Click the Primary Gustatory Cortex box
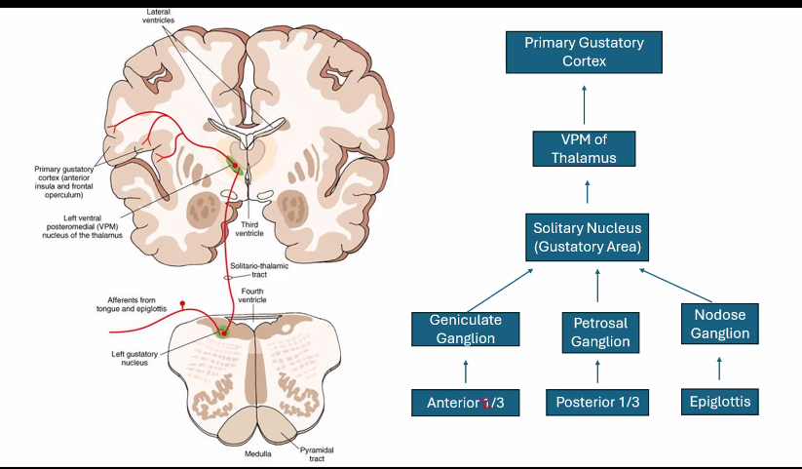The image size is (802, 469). [x=585, y=52]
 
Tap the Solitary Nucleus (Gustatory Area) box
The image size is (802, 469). [x=587, y=237]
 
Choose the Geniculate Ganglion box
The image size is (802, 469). [x=463, y=329]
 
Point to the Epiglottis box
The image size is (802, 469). [x=720, y=401]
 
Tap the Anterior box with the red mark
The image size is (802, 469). [x=465, y=402]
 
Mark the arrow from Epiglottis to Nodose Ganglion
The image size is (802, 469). [x=720, y=368]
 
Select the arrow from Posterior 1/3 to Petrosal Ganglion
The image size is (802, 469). [x=597, y=371]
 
